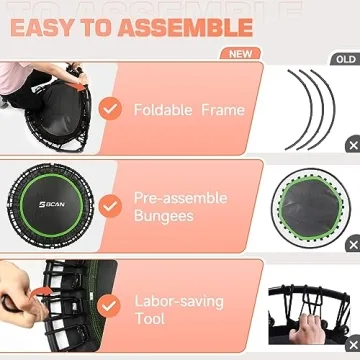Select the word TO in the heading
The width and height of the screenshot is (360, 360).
(x=108, y=26)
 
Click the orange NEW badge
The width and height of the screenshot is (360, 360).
(x=240, y=54)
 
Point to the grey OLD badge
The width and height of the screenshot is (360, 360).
(x=343, y=58)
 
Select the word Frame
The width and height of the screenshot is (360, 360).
(x=222, y=109)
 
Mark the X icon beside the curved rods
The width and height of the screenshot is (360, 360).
(x=352, y=145)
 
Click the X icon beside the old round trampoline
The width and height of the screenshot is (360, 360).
(x=352, y=246)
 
